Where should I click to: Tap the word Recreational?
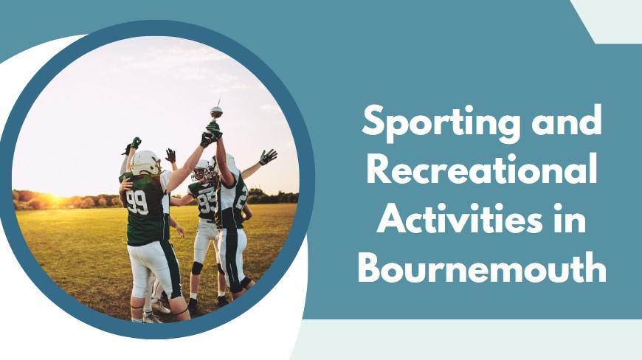pyautogui.click(x=481, y=171)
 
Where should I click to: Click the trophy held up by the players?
pyautogui.click(x=215, y=113)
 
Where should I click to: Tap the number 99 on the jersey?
pyautogui.click(x=137, y=201)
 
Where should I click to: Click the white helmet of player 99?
pyautogui.click(x=145, y=162)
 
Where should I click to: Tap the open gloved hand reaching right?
pyautogui.click(x=267, y=156)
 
